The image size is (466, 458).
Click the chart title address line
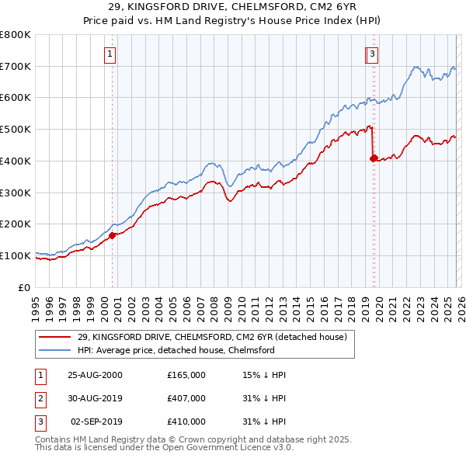[233, 8]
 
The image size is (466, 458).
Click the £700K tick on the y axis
[16, 67]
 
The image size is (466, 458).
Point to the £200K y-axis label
[16, 224]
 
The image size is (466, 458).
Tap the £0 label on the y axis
[25, 287]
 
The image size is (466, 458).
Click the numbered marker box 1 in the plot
[110, 54]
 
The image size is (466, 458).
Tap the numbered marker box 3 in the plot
[373, 54]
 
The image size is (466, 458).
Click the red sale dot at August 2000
[113, 235]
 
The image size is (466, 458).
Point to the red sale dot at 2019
[374, 158]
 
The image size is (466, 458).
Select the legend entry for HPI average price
[176, 350]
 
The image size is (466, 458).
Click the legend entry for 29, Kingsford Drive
[216, 336]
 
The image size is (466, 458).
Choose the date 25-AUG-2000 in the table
[96, 375]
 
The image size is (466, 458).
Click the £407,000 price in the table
[186, 398]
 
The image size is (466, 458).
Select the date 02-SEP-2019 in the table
[96, 422]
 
